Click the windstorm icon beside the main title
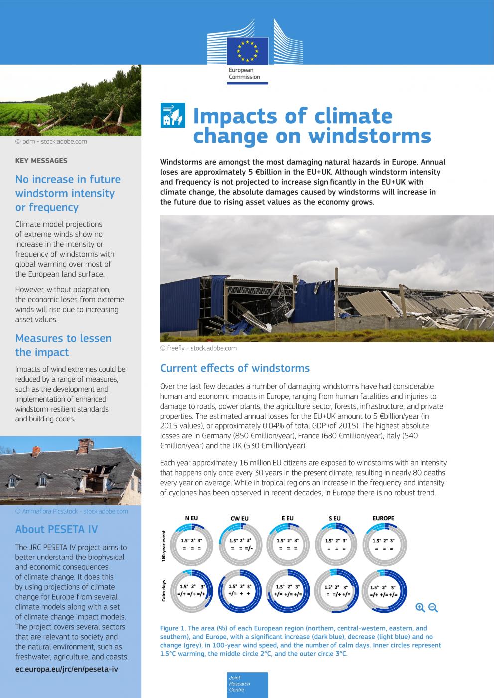(x=172, y=115)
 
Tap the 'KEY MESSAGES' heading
(x=41, y=161)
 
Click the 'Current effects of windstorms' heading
(x=234, y=368)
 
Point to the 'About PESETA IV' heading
(x=56, y=529)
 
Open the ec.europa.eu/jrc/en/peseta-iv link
(x=66, y=669)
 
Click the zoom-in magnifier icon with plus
(x=420, y=607)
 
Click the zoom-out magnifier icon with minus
(x=433, y=607)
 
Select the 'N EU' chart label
(x=191, y=518)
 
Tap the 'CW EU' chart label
(x=239, y=518)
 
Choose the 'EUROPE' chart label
(x=383, y=518)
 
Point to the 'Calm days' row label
(x=164, y=591)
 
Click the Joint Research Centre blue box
(x=247, y=685)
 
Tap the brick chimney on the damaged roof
(x=86, y=444)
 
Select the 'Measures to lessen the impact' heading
(x=63, y=345)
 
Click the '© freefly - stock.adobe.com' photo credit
(x=198, y=348)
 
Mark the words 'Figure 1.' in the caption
(x=172, y=628)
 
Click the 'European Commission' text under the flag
(x=244, y=74)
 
